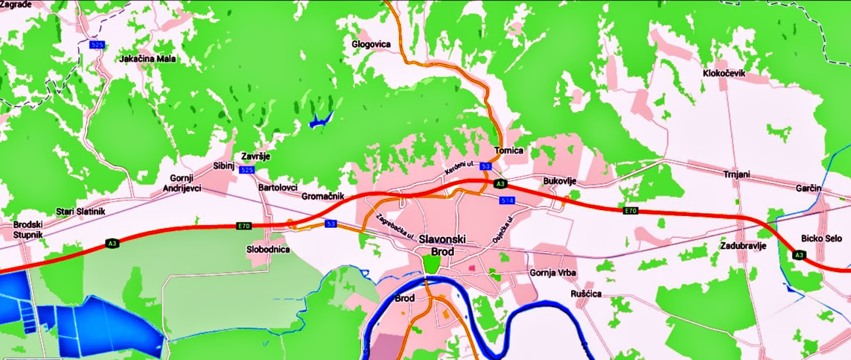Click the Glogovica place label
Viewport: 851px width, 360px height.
[371, 44]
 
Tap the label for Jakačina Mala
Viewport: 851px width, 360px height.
[148, 58]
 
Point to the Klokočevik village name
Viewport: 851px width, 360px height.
[724, 73]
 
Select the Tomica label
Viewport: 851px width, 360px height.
[508, 150]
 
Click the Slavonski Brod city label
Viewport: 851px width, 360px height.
[442, 245]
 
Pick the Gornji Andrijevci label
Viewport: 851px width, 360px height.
[182, 183]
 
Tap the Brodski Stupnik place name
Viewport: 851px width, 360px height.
[28, 229]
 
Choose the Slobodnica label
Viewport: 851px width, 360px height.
[268, 249]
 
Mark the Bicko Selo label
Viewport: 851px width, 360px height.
[821, 238]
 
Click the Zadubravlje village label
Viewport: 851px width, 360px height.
[743, 246]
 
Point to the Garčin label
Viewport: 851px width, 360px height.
[808, 188]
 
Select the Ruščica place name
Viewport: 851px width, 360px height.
[586, 294]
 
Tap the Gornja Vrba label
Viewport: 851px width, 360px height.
[553, 273]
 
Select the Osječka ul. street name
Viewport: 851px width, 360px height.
[504, 230]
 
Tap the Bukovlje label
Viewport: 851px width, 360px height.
[560, 181]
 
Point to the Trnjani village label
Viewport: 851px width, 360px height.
[737, 174]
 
